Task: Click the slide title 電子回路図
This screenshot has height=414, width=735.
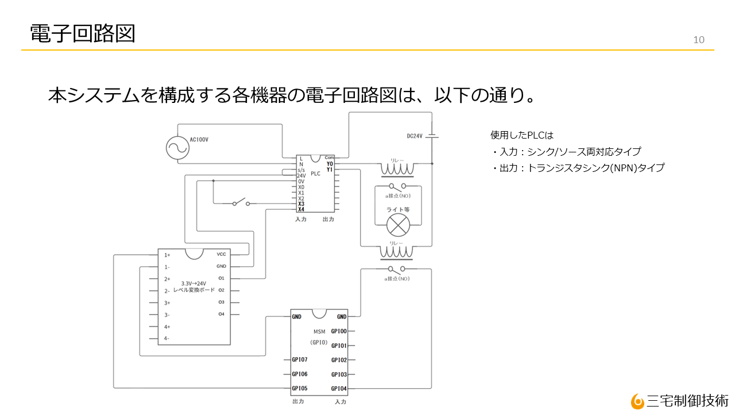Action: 83,33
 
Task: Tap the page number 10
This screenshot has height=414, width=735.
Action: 699,40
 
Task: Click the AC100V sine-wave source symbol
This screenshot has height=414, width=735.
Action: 177,148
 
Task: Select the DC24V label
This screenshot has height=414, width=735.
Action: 415,136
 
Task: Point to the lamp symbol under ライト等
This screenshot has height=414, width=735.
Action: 397,225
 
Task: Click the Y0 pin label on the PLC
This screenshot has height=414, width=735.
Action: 330,164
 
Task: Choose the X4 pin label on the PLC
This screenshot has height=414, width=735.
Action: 301,209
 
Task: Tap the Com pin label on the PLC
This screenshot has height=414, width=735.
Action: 329,158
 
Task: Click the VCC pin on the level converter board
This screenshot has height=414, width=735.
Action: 221,254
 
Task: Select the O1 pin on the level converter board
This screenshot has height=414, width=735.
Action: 221,278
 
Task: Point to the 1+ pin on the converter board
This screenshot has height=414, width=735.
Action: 167,255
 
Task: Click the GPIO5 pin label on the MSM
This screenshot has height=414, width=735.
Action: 299,388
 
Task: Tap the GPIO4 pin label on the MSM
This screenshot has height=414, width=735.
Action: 339,388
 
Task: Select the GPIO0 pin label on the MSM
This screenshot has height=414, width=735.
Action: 339,331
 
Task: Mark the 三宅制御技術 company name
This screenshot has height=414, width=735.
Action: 687,400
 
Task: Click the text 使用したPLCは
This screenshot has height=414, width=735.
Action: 521,135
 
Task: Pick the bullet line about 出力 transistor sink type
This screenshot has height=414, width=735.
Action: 578,168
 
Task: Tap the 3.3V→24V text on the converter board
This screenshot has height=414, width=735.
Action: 194,283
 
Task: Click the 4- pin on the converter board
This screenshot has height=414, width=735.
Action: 167,338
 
